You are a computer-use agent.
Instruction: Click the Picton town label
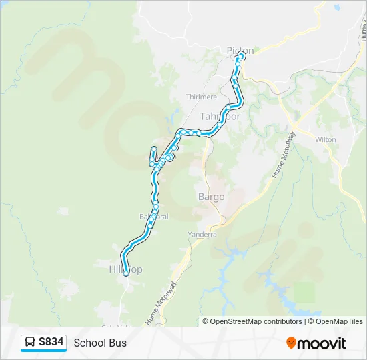(240, 50)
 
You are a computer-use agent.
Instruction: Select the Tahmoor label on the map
(220, 116)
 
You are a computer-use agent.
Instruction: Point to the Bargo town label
(211, 197)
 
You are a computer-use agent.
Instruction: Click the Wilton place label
(326, 139)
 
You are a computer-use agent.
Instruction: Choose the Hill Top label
(125, 269)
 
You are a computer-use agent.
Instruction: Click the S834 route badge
(44, 343)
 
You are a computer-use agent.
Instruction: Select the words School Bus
(100, 343)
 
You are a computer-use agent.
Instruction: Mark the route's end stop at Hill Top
(126, 273)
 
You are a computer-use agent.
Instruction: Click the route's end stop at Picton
(241, 56)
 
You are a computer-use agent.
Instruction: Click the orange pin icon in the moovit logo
(292, 343)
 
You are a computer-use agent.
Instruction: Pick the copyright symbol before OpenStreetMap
(206, 321)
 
